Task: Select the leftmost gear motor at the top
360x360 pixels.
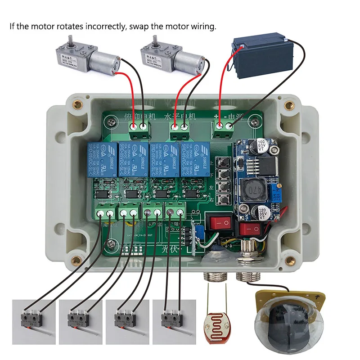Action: (x=88, y=56)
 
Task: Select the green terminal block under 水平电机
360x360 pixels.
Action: (x=180, y=128)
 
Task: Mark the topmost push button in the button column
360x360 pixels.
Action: (x=222, y=162)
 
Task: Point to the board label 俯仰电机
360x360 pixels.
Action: (x=139, y=117)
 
